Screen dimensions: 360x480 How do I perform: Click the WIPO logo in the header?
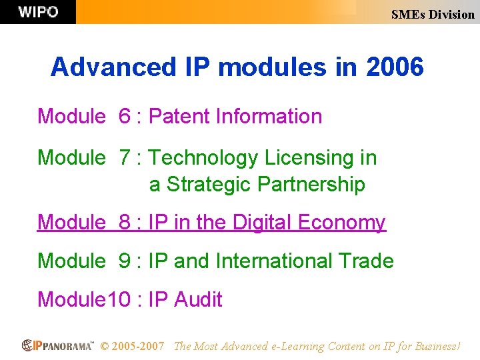tap(38, 12)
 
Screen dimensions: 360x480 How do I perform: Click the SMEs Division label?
tap(433, 14)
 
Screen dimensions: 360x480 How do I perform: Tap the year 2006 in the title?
tap(394, 67)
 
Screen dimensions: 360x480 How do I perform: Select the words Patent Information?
tap(235, 117)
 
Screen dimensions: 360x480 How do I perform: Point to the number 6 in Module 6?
tap(125, 117)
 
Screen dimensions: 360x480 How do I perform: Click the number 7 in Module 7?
tap(125, 158)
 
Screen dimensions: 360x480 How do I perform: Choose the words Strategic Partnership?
tap(265, 184)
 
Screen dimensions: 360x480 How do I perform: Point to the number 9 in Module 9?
tap(125, 261)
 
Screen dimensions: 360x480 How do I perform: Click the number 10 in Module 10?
tap(119, 300)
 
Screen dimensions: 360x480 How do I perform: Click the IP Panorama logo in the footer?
tap(58, 346)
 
